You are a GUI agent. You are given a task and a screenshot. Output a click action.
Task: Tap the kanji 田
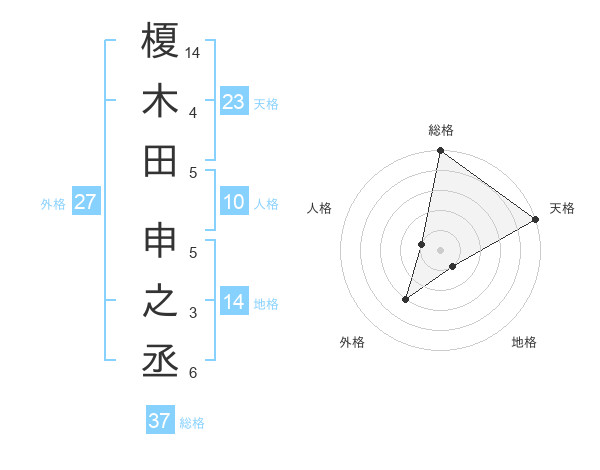click(161, 160)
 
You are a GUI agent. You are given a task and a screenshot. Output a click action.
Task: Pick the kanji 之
click(161, 301)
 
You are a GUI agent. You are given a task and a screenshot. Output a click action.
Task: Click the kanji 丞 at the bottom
click(161, 361)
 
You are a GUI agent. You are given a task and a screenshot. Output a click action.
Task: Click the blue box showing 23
click(234, 102)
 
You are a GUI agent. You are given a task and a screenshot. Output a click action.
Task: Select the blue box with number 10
click(234, 203)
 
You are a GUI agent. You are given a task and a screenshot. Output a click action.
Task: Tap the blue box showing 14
click(234, 303)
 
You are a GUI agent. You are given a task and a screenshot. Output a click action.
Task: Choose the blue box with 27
click(85, 203)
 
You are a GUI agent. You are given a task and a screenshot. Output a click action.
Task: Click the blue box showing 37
click(160, 421)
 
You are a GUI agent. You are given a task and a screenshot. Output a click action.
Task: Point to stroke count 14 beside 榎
click(194, 51)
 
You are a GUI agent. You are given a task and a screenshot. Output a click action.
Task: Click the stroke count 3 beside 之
click(193, 313)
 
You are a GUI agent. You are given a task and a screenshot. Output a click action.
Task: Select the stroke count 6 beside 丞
click(193, 373)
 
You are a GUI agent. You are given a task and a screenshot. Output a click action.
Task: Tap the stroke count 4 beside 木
click(193, 112)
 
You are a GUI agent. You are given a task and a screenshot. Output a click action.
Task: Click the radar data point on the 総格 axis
click(440, 152)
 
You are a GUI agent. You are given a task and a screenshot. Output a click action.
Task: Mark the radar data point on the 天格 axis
click(536, 220)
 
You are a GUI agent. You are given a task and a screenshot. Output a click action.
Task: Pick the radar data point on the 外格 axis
click(406, 299)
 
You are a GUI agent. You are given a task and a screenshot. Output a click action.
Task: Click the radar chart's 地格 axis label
click(524, 342)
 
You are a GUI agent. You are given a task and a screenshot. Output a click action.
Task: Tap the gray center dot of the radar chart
click(440, 250)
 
